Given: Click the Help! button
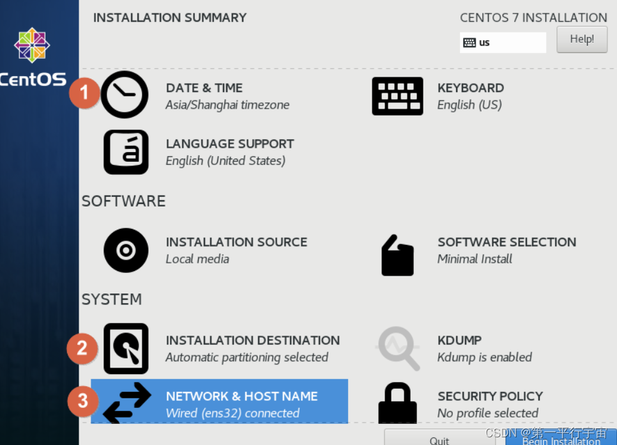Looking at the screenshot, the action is pyautogui.click(x=582, y=40).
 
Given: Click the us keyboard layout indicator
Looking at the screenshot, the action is pyautogui.click(x=503, y=43).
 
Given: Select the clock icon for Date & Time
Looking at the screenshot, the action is pyautogui.click(x=125, y=95).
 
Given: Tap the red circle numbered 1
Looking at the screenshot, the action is pyautogui.click(x=84, y=93).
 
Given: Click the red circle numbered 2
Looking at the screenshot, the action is pyautogui.click(x=82, y=348).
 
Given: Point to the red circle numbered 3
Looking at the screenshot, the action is pyautogui.click(x=82, y=402).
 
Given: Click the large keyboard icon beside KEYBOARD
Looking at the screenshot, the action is pyautogui.click(x=397, y=96).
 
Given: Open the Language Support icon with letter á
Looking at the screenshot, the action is pyautogui.click(x=126, y=152).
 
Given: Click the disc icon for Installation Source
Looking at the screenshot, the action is pyautogui.click(x=126, y=251).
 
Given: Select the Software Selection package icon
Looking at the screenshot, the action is pyautogui.click(x=397, y=255).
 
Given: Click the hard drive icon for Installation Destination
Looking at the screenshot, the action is pyautogui.click(x=126, y=348).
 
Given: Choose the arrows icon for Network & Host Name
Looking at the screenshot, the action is pyautogui.click(x=126, y=402).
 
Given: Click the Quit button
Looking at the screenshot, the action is pyautogui.click(x=439, y=439).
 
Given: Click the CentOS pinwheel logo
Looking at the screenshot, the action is pyautogui.click(x=32, y=45).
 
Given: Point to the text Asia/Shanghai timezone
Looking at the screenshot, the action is pyautogui.click(x=227, y=105).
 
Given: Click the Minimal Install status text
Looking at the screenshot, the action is pyautogui.click(x=475, y=259).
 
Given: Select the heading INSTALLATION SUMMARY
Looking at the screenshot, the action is pyautogui.click(x=170, y=18).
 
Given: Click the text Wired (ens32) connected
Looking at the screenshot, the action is pyautogui.click(x=232, y=413).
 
